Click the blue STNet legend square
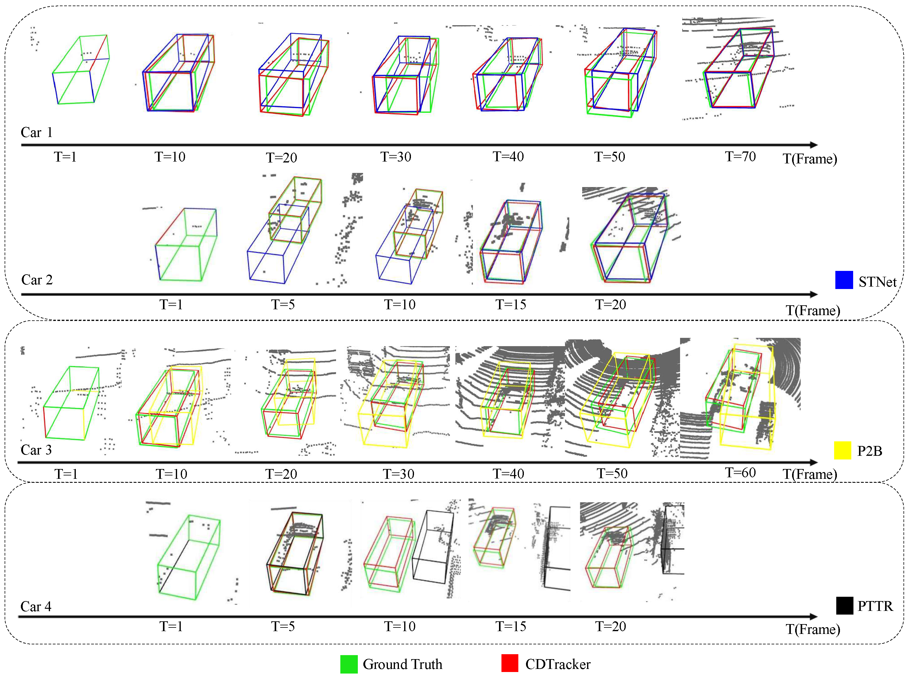click(x=844, y=280)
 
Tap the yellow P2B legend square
click(x=842, y=450)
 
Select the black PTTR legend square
click(x=844, y=605)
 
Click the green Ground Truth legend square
click(x=349, y=664)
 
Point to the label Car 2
click(x=37, y=280)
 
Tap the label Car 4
click(x=36, y=607)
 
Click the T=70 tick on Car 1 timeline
click(x=740, y=156)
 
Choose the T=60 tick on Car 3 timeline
click(x=740, y=473)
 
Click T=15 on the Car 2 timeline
click(x=511, y=304)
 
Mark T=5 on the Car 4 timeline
click(x=283, y=626)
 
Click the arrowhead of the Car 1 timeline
click(x=814, y=145)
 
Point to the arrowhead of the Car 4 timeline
click(x=814, y=617)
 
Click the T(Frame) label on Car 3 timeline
click(x=810, y=474)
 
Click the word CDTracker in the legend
click(x=558, y=664)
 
